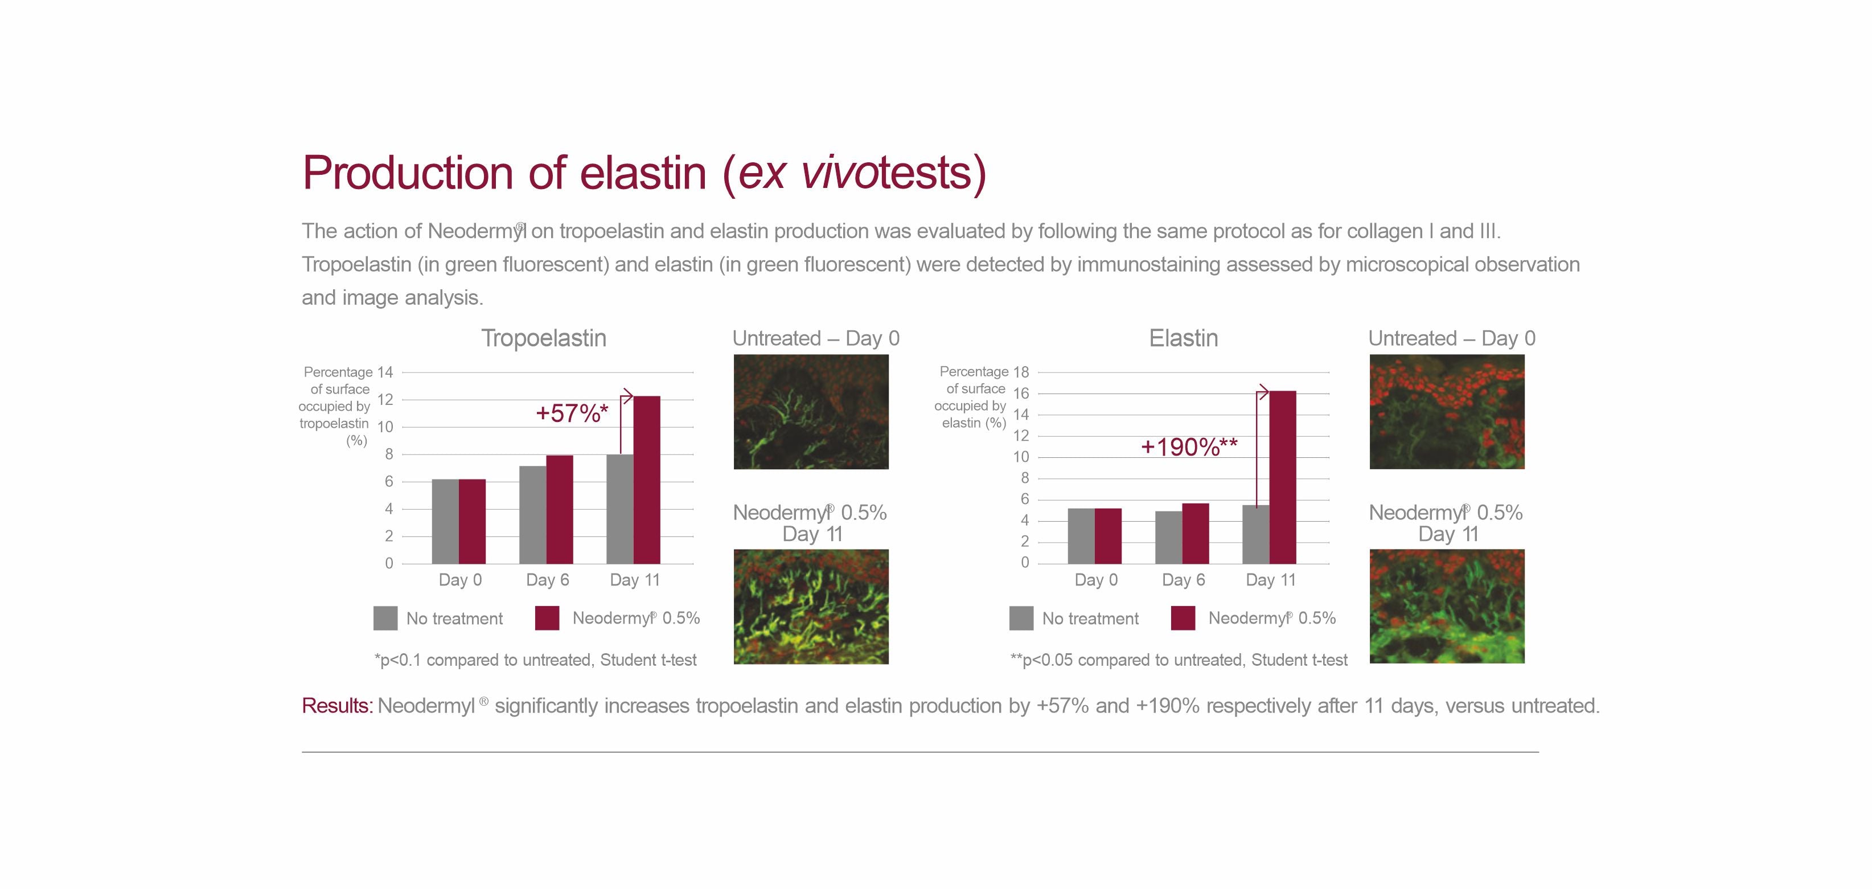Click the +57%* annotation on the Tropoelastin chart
coord(572,413)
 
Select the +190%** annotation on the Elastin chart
coord(1189,446)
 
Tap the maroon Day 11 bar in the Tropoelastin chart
coord(647,480)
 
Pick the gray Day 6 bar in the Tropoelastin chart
coord(533,515)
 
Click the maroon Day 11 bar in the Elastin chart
coord(1283,477)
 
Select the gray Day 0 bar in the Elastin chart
coord(1081,536)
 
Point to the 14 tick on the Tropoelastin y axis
coord(384,372)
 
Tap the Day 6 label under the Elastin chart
coord(1183,579)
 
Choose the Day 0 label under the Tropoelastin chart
coord(460,579)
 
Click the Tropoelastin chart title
coord(544,338)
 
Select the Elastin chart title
coord(1183,338)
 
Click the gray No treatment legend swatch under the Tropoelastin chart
coord(385,618)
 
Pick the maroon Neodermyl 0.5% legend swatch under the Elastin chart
coord(1183,618)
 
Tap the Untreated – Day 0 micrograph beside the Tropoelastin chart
coord(811,411)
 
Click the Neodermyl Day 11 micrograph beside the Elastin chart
coord(1447,606)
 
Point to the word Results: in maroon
coord(337,706)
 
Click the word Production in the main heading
coord(408,173)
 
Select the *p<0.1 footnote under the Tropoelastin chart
coord(535,660)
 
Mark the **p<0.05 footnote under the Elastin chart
coord(1179,660)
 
